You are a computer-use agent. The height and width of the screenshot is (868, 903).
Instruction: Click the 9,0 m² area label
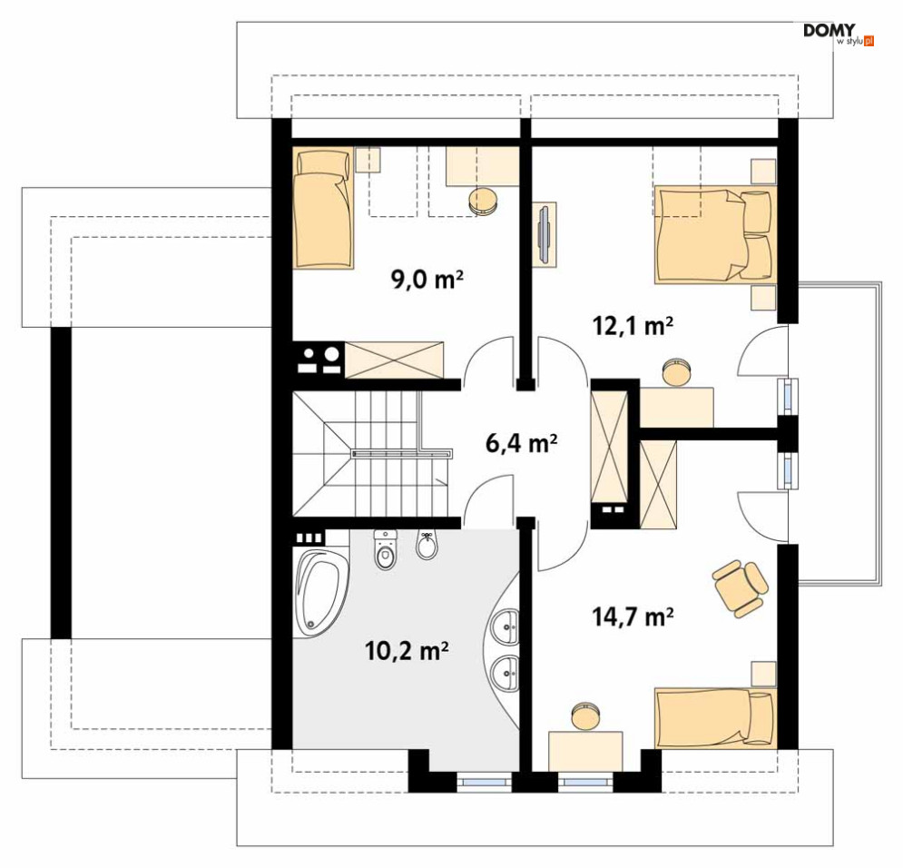427,280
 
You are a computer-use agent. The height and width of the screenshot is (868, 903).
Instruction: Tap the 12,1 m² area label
633,326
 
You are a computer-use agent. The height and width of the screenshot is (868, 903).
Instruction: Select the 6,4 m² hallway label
521,443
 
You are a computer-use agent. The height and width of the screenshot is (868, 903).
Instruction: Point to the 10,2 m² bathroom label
406,651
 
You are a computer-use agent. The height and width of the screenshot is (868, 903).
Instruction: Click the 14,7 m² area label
633,616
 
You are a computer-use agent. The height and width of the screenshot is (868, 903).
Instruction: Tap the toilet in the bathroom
386,549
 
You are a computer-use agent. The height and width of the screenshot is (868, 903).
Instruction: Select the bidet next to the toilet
427,545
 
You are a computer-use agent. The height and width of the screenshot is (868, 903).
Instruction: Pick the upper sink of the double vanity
506,626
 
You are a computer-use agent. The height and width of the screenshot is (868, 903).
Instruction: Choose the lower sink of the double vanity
506,672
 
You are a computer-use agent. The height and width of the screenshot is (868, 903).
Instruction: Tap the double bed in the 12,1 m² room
715,234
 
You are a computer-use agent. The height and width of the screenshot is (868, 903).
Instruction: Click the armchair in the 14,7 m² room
740,588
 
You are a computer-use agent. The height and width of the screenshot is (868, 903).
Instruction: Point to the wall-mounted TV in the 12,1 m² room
544,234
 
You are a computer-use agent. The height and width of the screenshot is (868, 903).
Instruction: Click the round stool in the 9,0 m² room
483,201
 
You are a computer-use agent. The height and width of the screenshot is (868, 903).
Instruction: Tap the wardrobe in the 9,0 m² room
395,360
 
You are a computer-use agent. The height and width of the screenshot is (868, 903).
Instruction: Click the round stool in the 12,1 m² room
673,371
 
